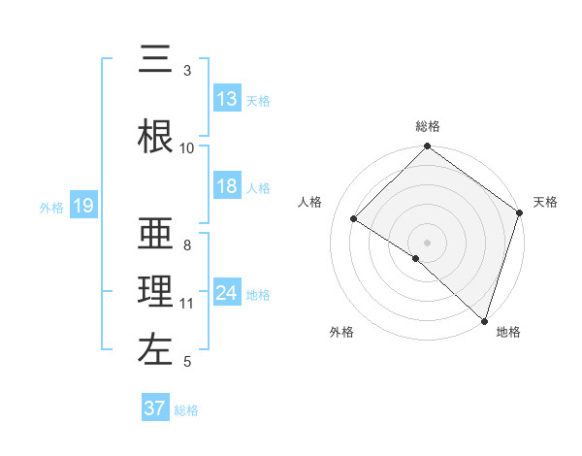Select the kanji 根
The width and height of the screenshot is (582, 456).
tap(155, 136)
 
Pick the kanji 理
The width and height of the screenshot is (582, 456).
tap(155, 291)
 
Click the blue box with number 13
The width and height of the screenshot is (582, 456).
tap(227, 99)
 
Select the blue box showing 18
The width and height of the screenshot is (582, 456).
tap(227, 187)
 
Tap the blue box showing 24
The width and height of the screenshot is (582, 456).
tap(227, 294)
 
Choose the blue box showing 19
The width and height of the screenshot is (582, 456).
tap(82, 206)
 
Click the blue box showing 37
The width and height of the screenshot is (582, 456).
tap(155, 408)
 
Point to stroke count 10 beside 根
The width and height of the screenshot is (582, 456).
tap(187, 148)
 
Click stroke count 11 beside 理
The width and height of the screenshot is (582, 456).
tap(187, 304)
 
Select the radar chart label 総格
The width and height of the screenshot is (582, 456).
tap(428, 126)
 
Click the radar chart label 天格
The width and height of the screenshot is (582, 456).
tap(545, 202)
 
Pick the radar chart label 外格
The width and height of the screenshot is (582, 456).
tap(341, 332)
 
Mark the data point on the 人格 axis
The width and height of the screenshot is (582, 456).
tap(354, 219)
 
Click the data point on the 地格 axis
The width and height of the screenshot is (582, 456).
tap(483, 320)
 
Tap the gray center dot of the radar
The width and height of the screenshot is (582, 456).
tap(428, 242)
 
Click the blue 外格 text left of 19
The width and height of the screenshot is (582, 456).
tap(51, 207)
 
